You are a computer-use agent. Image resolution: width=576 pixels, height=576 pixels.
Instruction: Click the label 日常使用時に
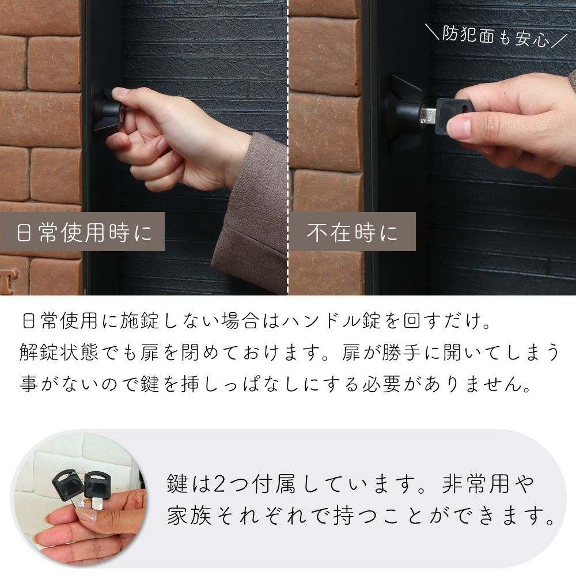[x=84, y=233]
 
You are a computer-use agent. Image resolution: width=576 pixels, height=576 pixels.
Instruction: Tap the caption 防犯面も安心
[x=495, y=37]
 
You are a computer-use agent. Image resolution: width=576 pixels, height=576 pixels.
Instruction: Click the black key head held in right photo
[x=453, y=116]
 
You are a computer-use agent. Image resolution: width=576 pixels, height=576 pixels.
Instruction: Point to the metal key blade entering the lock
[x=427, y=115]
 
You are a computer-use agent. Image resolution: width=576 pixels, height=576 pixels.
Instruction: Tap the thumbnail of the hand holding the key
[x=79, y=498]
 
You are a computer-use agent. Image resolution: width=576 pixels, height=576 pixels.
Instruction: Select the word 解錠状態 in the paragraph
[x=59, y=353]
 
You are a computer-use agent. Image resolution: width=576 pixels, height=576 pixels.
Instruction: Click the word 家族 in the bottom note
[x=189, y=516]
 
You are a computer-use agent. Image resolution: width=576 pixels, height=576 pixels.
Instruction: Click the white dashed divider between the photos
[x=288, y=147]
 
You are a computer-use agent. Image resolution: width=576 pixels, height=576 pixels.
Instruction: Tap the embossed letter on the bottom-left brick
[x=10, y=280]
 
